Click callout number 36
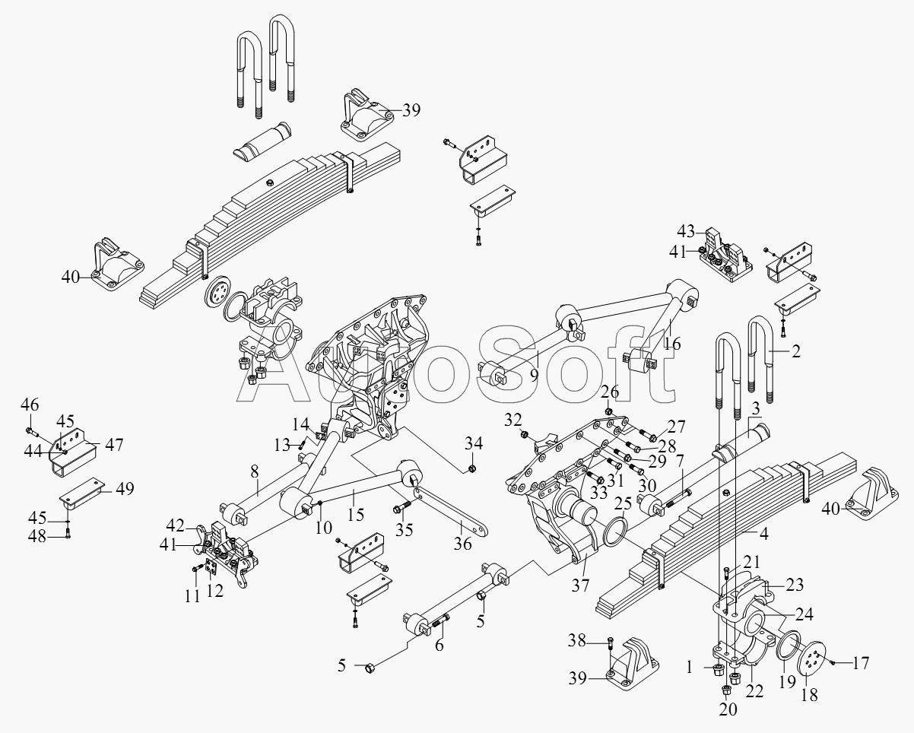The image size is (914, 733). point(462,544)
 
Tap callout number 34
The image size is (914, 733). point(474,443)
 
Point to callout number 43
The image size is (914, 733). point(686,231)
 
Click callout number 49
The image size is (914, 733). point(125,489)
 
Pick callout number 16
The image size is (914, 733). point(672,343)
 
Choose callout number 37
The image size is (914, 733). point(580,585)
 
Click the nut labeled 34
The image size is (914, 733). point(471,469)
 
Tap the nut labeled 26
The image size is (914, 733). point(608,411)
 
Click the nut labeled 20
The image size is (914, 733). point(725,691)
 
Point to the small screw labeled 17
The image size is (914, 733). point(833,662)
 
